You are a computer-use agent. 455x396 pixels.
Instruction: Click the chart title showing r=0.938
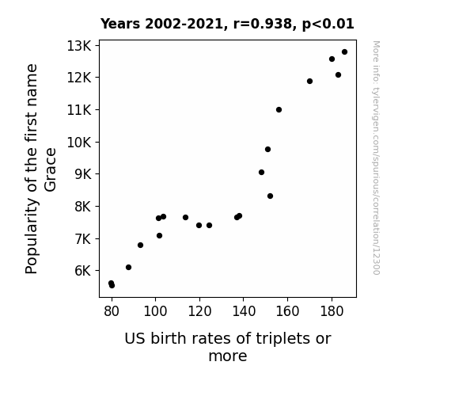(227, 24)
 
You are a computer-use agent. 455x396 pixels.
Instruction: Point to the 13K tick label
(79, 46)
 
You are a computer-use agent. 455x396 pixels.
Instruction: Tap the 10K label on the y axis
(79, 143)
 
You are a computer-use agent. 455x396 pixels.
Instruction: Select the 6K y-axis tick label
(83, 271)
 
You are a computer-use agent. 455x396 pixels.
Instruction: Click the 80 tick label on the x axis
(112, 311)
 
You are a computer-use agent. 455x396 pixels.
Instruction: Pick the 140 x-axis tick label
(244, 311)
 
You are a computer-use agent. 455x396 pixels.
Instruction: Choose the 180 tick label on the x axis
(332, 311)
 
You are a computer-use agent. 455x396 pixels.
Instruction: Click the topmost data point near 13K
(344, 52)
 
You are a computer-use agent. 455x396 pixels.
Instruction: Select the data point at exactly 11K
(279, 110)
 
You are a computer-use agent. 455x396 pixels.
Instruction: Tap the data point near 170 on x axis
(309, 82)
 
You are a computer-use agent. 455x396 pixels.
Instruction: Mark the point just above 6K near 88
(128, 267)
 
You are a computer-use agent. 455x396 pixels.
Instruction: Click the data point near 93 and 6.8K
(140, 246)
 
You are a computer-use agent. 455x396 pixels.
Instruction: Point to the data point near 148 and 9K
(261, 173)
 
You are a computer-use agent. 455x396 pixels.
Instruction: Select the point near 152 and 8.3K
(270, 196)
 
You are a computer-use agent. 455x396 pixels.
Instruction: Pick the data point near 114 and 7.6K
(185, 217)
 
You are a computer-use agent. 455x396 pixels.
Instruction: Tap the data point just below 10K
(267, 150)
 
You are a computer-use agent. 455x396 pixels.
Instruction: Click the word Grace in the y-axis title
(50, 170)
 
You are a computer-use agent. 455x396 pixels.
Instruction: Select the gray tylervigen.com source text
(376, 158)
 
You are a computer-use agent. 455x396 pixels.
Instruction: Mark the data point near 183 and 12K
(338, 75)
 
